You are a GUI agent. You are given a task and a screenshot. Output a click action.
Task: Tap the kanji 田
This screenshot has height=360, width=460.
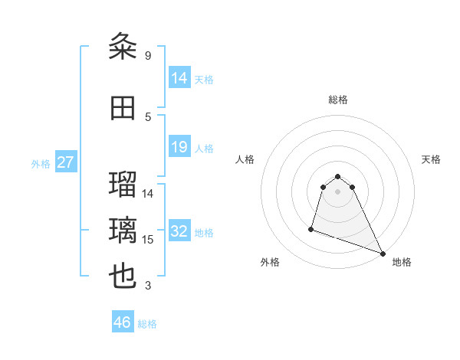[123, 107]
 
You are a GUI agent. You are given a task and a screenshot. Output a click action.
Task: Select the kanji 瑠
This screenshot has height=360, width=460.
[123, 184]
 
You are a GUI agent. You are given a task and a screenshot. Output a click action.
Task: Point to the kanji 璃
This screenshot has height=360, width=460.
[123, 230]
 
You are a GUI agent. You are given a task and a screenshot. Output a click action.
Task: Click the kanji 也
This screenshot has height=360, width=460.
[123, 277]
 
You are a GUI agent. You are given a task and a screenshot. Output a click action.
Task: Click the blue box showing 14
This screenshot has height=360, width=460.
[179, 77]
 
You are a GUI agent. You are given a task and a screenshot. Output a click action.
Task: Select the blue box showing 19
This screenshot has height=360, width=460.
[179, 147]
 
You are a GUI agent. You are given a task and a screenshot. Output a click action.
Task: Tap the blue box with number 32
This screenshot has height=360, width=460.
[179, 232]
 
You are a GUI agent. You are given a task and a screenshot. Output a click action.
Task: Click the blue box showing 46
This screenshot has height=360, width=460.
[123, 322]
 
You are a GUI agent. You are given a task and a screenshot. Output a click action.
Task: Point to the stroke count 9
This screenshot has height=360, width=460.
[148, 56]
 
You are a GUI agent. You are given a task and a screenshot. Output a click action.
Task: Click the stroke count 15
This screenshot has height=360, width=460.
[149, 240]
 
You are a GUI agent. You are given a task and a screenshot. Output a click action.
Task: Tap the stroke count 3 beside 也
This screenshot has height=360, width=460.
[148, 286]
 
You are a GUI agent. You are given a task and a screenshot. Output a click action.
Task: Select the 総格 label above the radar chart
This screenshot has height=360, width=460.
[337, 100]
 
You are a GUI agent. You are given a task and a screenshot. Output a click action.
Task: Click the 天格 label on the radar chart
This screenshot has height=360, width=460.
[431, 159]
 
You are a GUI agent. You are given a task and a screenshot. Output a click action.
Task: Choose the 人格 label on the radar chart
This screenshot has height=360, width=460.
[245, 159]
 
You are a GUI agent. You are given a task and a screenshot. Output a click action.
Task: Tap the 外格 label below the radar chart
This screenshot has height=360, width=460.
[270, 262]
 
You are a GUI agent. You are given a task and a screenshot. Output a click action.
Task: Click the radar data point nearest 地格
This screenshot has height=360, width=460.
[382, 254]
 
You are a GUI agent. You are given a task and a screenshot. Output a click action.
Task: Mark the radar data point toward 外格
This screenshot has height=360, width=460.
[311, 228]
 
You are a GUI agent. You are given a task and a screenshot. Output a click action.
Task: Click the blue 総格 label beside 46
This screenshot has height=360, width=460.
[147, 324]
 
